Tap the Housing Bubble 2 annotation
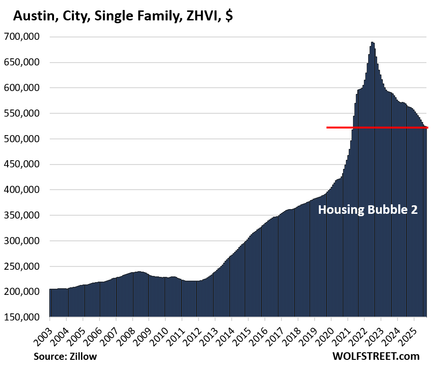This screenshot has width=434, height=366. [368, 210]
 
